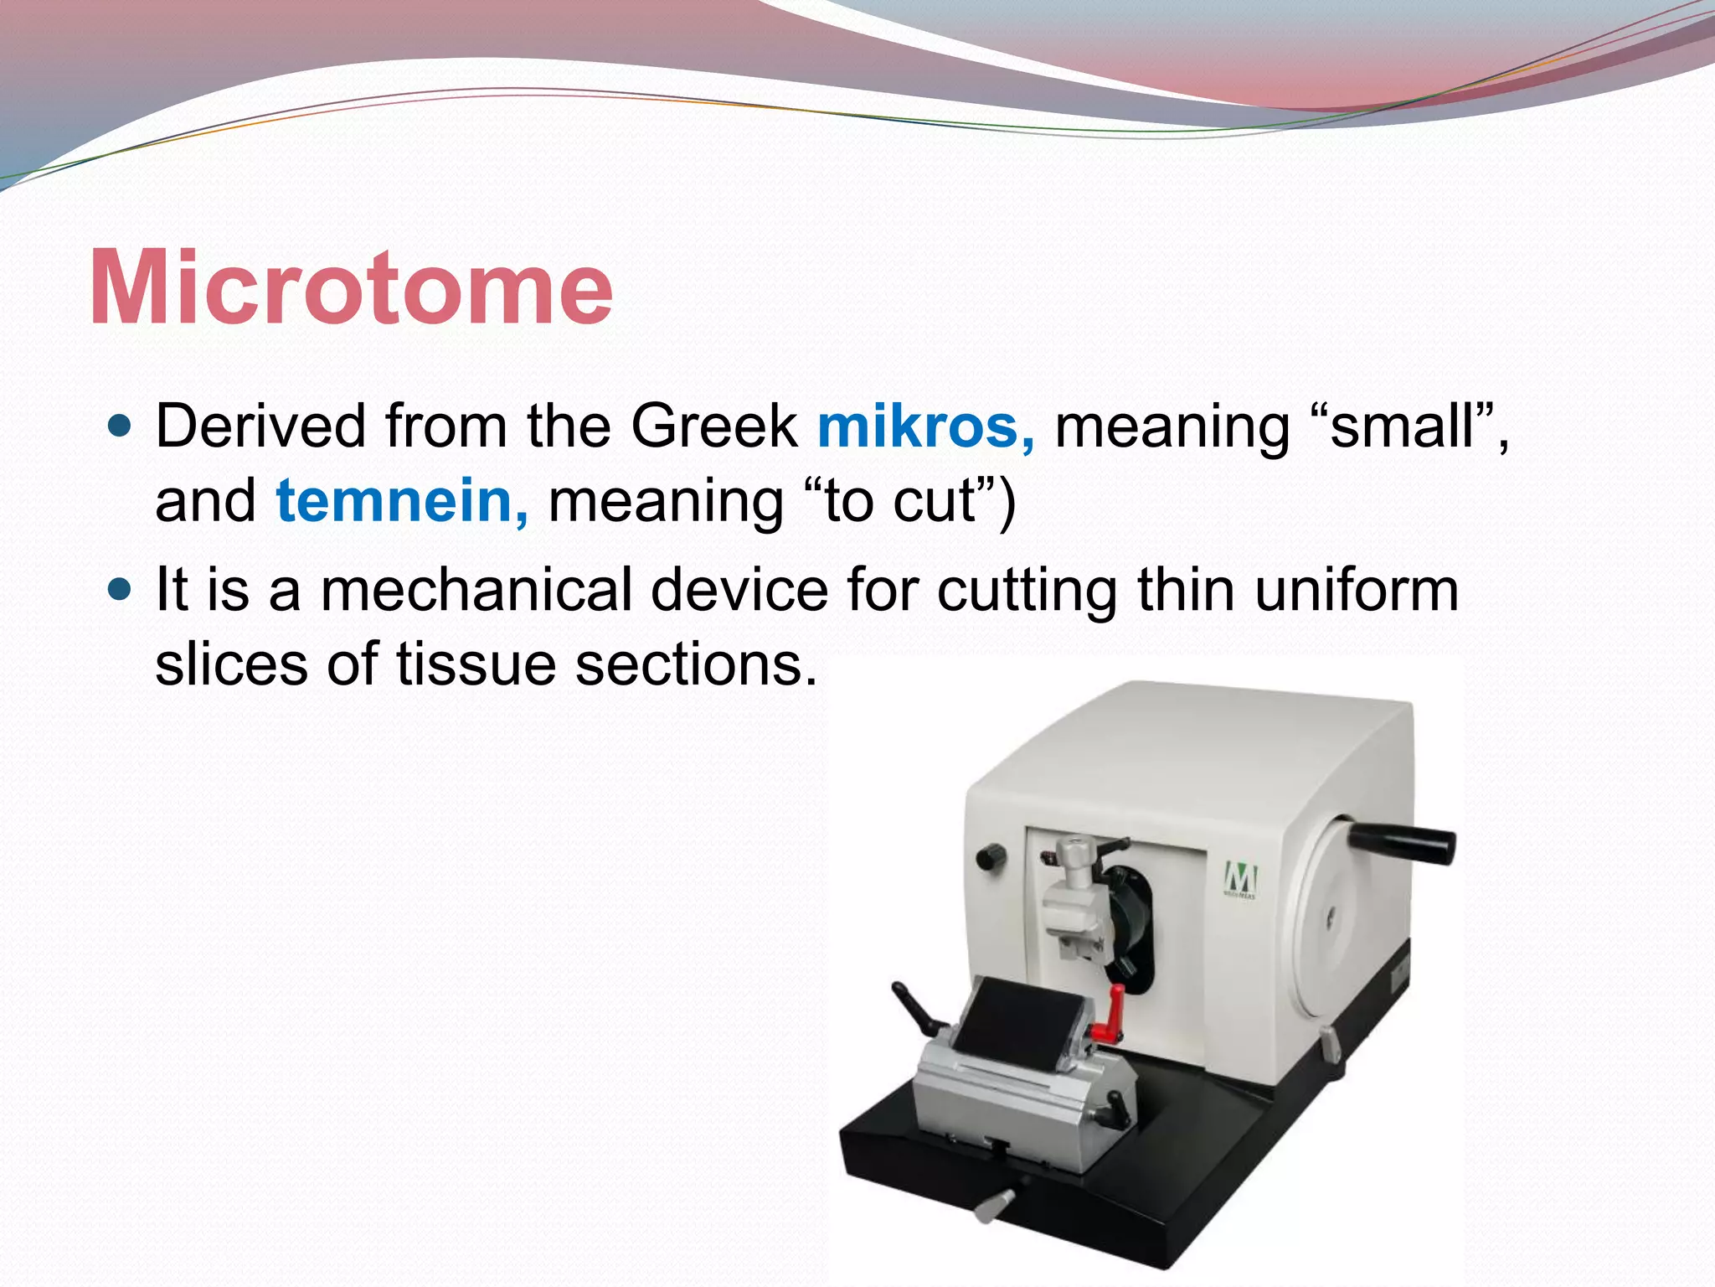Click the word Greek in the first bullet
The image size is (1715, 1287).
click(713, 426)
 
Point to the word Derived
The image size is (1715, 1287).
click(261, 426)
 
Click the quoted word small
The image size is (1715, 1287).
click(1402, 426)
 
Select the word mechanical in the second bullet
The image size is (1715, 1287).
click(476, 590)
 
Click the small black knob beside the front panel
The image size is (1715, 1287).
click(991, 856)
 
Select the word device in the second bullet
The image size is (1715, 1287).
click(739, 590)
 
